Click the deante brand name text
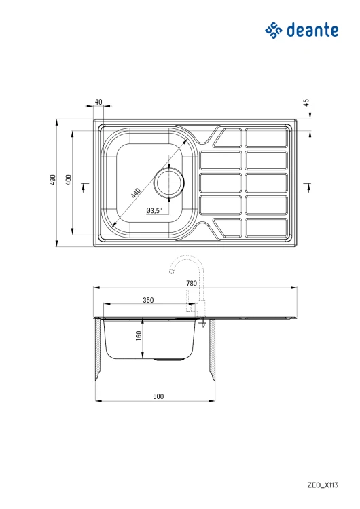(312, 30)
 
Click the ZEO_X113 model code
(323, 485)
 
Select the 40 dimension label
(98, 102)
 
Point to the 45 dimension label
(306, 102)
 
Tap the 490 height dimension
(52, 180)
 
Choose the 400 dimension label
(68, 180)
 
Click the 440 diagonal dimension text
(135, 193)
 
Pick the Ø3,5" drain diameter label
(154, 210)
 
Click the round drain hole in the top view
(169, 182)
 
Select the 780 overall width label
(192, 284)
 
